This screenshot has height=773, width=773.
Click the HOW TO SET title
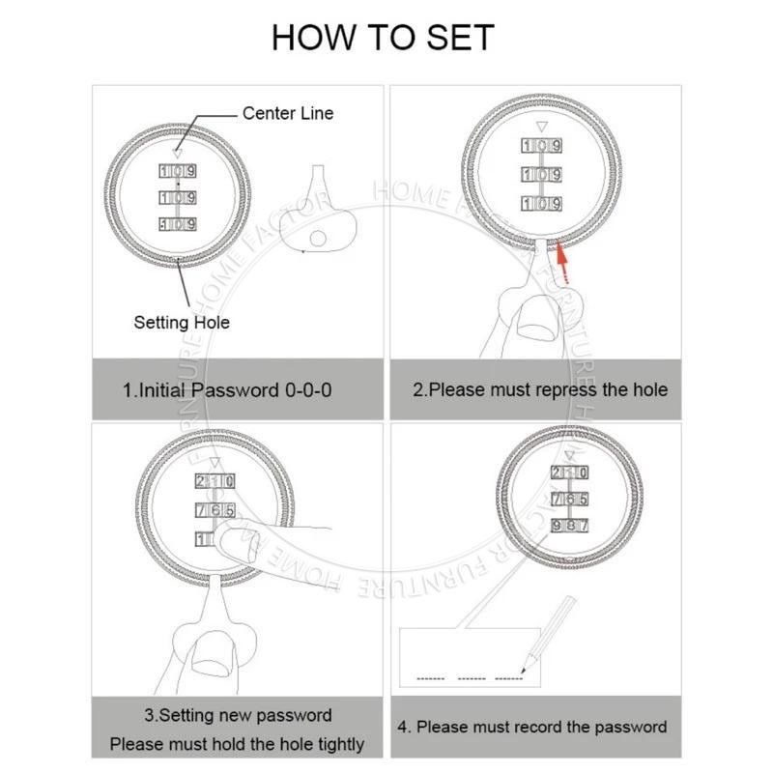383,38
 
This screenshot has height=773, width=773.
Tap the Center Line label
288,113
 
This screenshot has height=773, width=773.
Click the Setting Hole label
182,323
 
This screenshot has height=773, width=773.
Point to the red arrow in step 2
561,262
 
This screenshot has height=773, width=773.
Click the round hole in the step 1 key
318,239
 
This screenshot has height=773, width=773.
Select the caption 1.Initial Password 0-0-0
227,390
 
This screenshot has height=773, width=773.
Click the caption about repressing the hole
540,390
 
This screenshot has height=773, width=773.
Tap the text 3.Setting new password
238,715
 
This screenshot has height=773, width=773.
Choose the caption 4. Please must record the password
532,728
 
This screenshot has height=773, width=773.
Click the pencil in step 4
548,635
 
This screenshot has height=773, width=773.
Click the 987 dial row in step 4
569,526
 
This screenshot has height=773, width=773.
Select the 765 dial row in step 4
569,499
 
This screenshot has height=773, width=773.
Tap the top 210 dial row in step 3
215,481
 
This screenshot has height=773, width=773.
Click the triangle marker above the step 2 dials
542,127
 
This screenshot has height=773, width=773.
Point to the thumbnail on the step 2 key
537,316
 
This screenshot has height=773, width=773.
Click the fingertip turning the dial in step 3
238,543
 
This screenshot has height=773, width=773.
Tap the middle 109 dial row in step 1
178,198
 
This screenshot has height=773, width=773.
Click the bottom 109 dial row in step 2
541,204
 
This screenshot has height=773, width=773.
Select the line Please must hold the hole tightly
237,744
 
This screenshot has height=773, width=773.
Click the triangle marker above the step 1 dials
178,153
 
